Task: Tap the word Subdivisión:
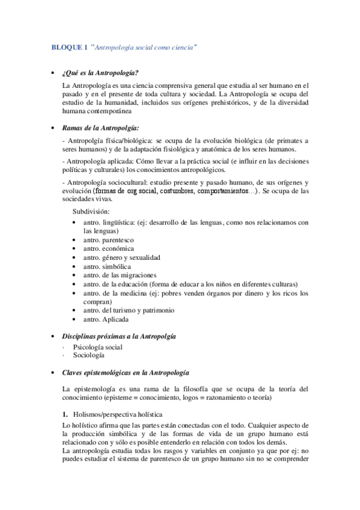pos(93,212)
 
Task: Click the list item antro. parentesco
pos(109,239)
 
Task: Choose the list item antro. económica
pos(109,248)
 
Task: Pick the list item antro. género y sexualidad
pos(122,257)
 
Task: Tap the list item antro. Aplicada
pos(106,319)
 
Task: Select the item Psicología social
pos(97,347)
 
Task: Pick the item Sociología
pos(89,355)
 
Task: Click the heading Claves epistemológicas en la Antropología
pos(126,372)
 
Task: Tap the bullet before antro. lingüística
pos(73,222)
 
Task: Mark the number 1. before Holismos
pos(65,415)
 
